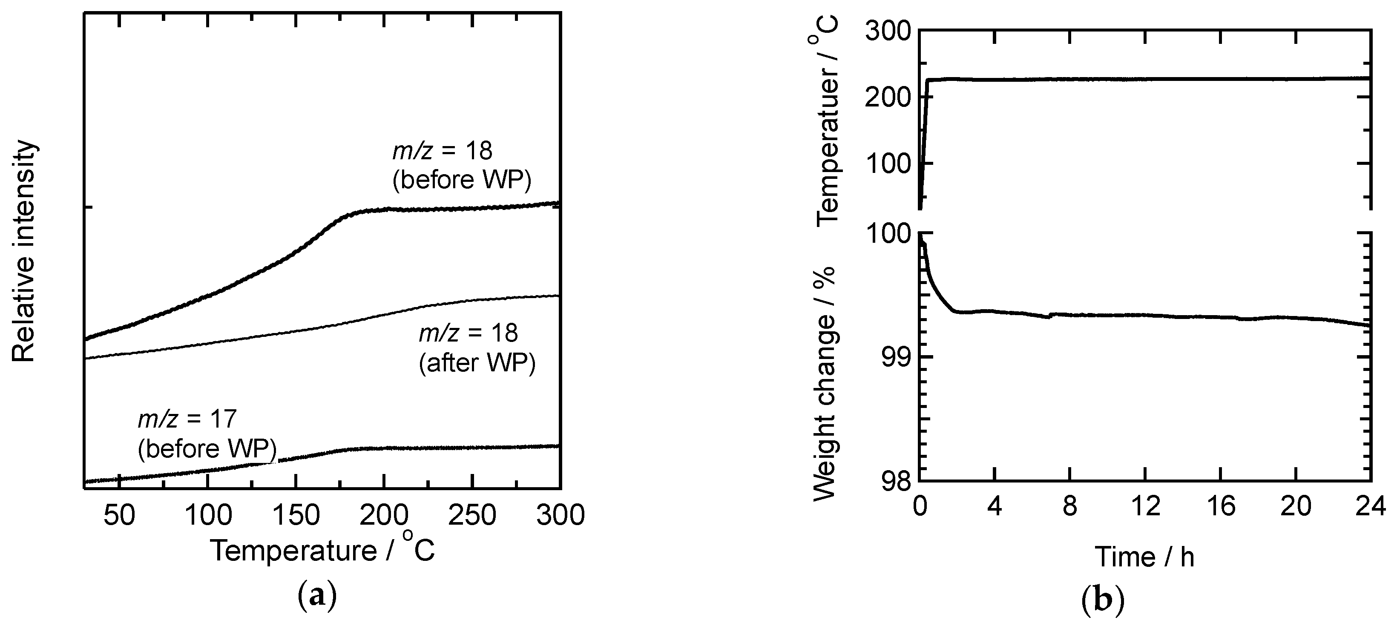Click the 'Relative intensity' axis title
click(x=24, y=252)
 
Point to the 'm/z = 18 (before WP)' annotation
click(x=461, y=165)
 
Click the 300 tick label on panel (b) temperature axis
click(x=889, y=31)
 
